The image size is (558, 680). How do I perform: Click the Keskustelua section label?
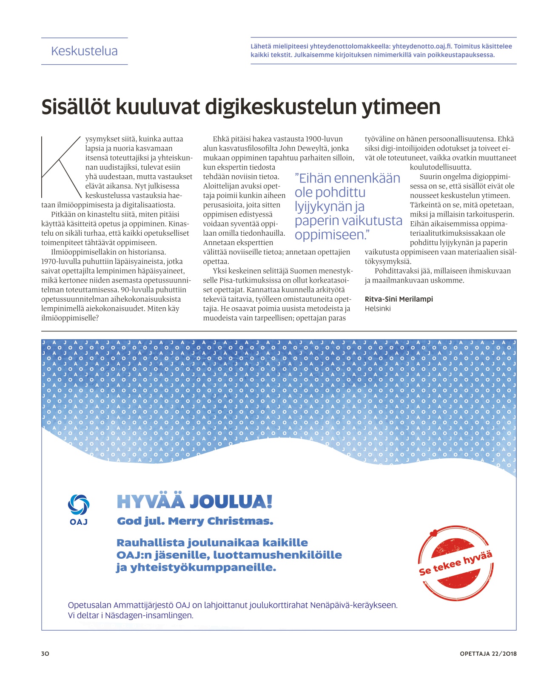[x=84, y=51]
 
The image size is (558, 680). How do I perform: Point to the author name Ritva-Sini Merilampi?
[x=399, y=299]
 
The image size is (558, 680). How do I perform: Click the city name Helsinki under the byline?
[x=377, y=309]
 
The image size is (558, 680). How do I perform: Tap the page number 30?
[x=45, y=654]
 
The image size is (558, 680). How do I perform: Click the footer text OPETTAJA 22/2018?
[x=488, y=654]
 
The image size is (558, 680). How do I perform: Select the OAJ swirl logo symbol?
[x=79, y=505]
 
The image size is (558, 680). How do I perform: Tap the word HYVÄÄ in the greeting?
[x=151, y=502]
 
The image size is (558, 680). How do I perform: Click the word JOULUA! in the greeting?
[x=231, y=502]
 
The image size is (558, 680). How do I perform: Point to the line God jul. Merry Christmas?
[x=195, y=521]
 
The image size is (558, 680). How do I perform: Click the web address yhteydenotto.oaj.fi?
[x=422, y=46]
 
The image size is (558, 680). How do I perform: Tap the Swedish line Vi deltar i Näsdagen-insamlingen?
[x=131, y=615]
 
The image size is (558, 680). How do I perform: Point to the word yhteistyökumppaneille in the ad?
[x=203, y=568]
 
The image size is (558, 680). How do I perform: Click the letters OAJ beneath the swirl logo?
[x=79, y=522]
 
